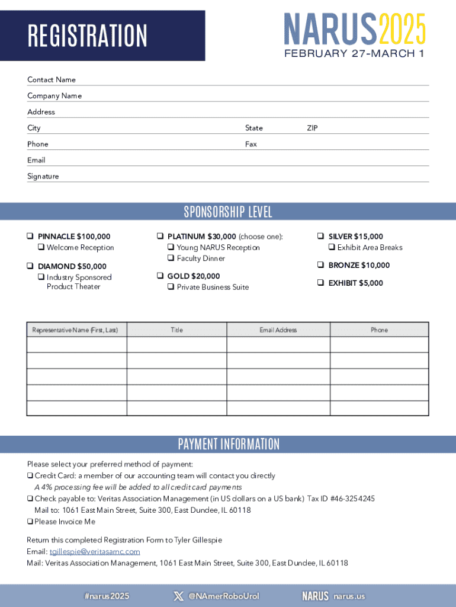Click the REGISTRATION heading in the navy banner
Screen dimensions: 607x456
tap(87, 36)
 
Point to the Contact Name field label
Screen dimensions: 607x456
tap(52, 80)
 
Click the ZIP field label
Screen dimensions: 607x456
tap(312, 128)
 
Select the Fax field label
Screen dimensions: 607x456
tap(251, 144)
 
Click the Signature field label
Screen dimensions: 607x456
tap(43, 176)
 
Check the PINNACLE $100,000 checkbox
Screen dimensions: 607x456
tap(30, 237)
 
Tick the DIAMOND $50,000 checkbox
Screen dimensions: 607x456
tap(30, 266)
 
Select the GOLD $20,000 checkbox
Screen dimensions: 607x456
tap(160, 276)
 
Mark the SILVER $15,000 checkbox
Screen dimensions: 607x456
tap(320, 237)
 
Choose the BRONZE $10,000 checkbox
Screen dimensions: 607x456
tap(320, 265)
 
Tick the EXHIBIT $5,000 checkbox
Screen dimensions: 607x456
tap(320, 283)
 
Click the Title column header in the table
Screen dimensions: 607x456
tap(176, 330)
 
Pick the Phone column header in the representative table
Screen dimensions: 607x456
tap(379, 330)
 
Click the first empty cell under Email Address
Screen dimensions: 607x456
tap(278, 345)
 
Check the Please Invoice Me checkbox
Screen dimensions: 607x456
tap(30, 522)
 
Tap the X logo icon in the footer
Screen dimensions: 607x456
tap(178, 596)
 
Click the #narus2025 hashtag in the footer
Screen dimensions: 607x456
tap(107, 596)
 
